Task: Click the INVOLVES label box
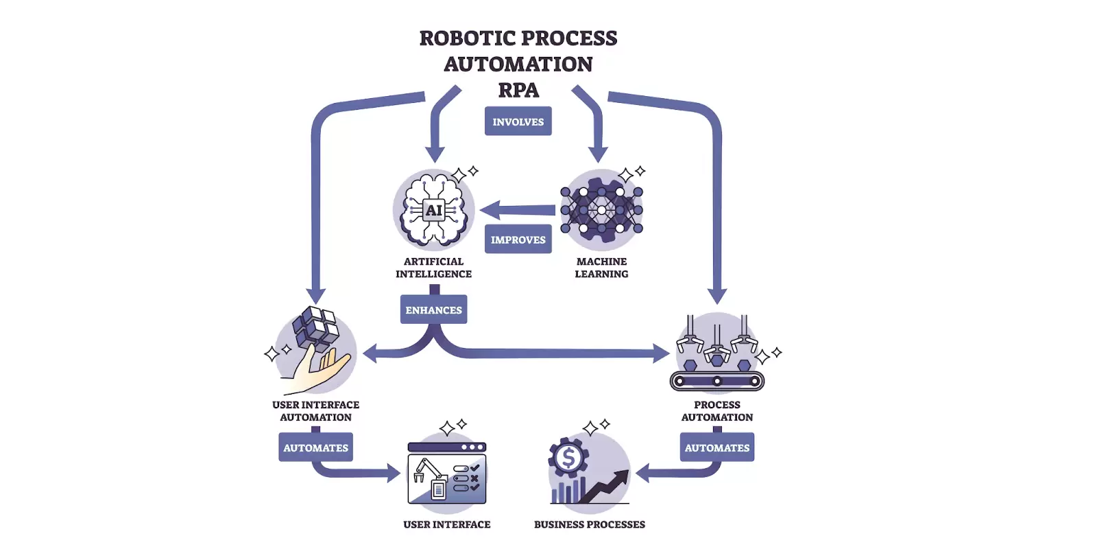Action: click(x=518, y=121)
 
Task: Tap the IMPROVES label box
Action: click(x=518, y=240)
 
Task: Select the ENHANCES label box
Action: click(x=433, y=309)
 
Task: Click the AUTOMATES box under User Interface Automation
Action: click(x=315, y=447)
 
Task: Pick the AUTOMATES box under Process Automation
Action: click(x=716, y=447)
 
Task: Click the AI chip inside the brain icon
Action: click(x=433, y=210)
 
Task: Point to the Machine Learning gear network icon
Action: click(x=601, y=209)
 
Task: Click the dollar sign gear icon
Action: click(x=568, y=457)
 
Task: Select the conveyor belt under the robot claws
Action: click(x=716, y=380)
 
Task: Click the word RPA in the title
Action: click(x=518, y=90)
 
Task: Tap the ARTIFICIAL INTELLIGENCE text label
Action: click(x=433, y=268)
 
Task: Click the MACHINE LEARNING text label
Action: click(x=601, y=268)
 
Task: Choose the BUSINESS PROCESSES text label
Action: click(x=589, y=524)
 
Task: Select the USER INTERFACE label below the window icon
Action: click(x=446, y=524)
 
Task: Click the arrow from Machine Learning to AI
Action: click(x=518, y=210)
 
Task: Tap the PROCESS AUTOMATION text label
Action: click(x=716, y=411)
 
